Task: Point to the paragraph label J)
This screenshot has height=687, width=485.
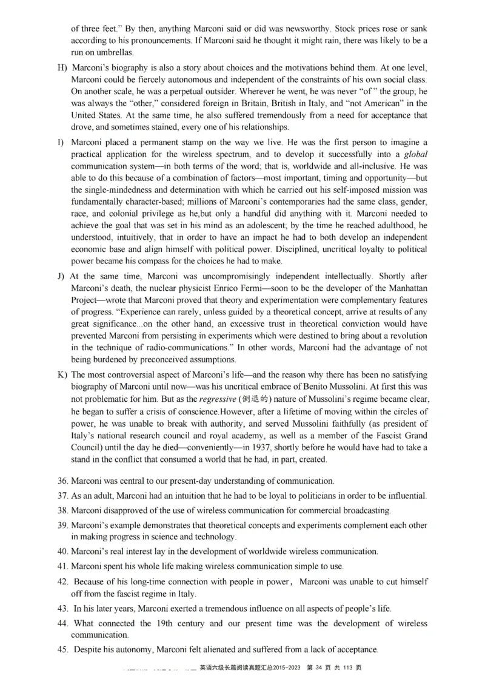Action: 61,276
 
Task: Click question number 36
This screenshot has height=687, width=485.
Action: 62,481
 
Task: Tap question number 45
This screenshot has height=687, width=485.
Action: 62,649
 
